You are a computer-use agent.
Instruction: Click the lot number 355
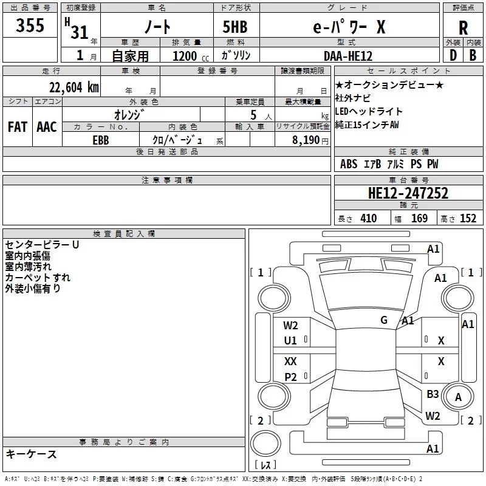coord(30,26)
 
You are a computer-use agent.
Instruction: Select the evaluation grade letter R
coord(464,28)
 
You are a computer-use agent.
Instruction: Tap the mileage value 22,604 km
coord(74,87)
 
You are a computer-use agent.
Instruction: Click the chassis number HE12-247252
coord(408,193)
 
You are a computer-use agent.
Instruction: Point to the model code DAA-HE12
coord(347,55)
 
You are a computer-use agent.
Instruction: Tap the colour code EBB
coord(101,139)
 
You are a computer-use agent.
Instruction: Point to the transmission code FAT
coord(18,126)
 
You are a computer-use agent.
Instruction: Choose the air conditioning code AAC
coord(47,126)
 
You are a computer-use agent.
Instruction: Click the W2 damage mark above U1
coord(291,326)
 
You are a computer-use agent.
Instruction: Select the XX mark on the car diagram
coord(291,361)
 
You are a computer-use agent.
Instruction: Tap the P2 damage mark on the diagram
coord(291,377)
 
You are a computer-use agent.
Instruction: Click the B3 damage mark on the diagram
coord(433,394)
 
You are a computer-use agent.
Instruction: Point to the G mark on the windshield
coord(384,320)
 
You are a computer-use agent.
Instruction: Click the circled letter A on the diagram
coord(459,397)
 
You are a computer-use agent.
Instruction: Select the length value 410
coord(368,219)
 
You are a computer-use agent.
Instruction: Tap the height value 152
coord(468,219)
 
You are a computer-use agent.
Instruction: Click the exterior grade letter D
coord(453,55)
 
